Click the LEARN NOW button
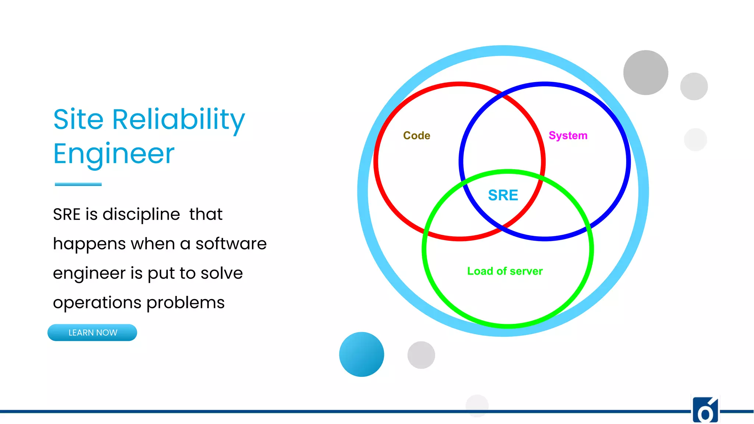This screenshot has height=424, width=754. (92, 332)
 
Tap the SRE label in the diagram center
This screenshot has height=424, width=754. (503, 195)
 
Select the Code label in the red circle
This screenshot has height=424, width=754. (416, 135)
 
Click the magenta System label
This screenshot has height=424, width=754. (568, 135)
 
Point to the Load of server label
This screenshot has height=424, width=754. (505, 271)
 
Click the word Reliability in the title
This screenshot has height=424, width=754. (178, 120)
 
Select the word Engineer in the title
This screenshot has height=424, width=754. (114, 154)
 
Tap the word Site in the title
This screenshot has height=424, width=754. (78, 120)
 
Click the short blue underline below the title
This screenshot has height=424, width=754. (78, 184)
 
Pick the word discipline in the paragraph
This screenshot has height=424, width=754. (141, 214)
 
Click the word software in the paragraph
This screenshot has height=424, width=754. (231, 244)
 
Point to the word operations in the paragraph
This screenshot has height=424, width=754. (97, 303)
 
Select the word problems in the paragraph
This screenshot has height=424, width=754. (185, 303)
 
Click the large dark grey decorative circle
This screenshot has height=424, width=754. (645, 73)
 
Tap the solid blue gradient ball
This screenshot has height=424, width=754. (361, 354)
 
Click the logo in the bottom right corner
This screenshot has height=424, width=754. (705, 410)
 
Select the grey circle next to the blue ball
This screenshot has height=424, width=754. (421, 355)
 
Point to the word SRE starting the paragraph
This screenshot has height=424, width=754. (67, 214)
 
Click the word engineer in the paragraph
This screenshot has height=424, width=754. (89, 273)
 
